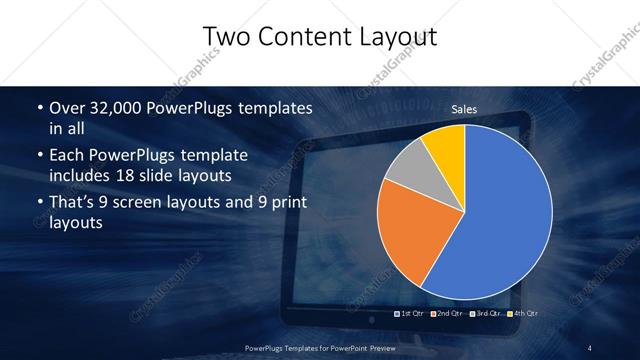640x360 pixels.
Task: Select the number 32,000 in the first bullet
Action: tap(116, 108)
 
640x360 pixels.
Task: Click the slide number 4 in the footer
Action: tap(590, 347)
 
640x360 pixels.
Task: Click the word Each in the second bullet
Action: tap(66, 156)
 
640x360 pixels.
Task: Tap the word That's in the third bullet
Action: tap(73, 204)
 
